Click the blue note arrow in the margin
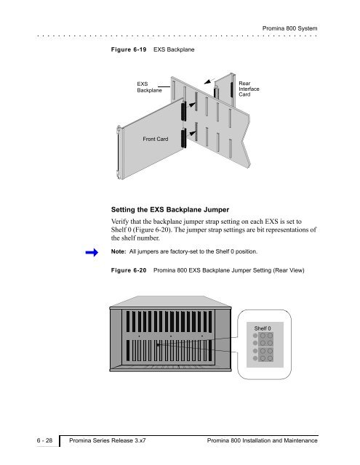point(92,252)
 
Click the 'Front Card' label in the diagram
point(155,139)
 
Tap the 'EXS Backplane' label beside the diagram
point(149,87)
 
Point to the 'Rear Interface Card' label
point(249,89)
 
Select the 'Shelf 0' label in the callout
point(263,328)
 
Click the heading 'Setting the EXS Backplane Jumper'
point(170,210)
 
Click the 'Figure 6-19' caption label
point(129,49)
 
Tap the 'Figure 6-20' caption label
point(129,270)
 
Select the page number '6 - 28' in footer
point(44,440)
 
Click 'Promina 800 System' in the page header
point(289,28)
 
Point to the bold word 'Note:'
point(119,251)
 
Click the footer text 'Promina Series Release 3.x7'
point(108,440)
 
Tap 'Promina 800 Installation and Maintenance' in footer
point(263,440)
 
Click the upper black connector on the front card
point(184,111)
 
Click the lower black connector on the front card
point(184,138)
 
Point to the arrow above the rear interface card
point(209,81)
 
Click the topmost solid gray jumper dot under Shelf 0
point(255,336)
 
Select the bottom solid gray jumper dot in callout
point(255,358)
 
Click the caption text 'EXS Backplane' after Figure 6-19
point(174,49)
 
